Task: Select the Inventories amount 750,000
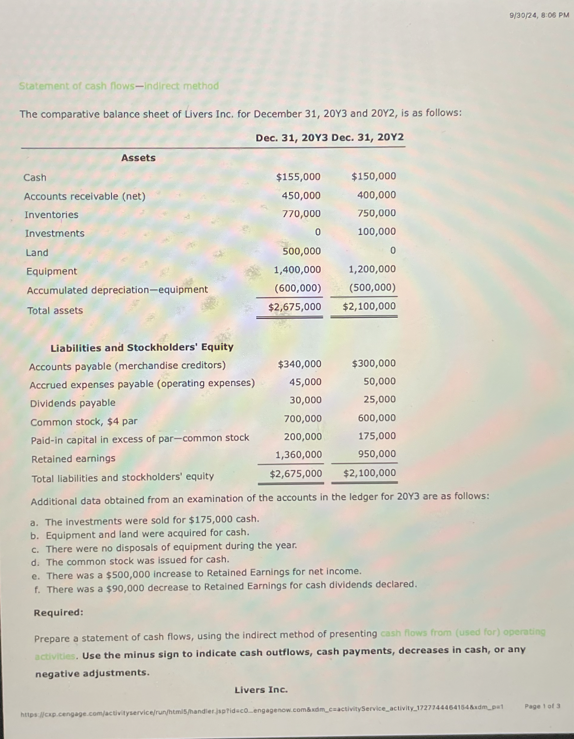click(x=376, y=213)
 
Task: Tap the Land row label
click(x=37, y=253)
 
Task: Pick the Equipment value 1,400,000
click(x=297, y=270)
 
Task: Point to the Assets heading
click(x=138, y=158)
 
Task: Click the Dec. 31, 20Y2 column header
click(x=368, y=138)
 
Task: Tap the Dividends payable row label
click(x=73, y=403)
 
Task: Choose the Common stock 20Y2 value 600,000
click(x=377, y=418)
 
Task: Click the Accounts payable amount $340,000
click(x=299, y=364)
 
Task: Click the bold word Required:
click(x=59, y=612)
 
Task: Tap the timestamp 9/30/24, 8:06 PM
click(x=539, y=15)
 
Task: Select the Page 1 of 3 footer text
click(x=542, y=706)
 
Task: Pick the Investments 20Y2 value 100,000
click(x=376, y=232)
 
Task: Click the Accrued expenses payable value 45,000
click(x=305, y=382)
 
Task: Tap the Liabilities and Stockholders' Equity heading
click(x=142, y=348)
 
